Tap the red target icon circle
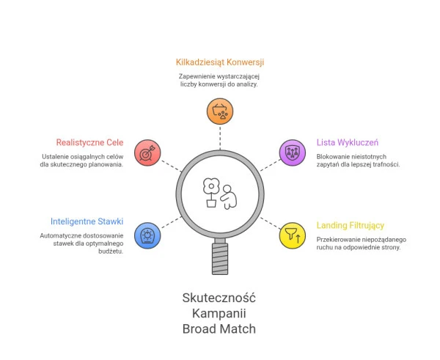tap(147, 153)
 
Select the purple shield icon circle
tap(293, 153)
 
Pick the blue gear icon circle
tap(147, 235)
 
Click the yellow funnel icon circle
tap(293, 235)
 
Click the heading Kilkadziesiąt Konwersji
tap(220, 62)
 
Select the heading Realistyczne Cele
tap(89, 142)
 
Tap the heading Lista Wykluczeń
tap(347, 142)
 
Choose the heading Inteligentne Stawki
tap(87, 221)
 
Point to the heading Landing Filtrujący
tap(351, 225)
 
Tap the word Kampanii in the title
tap(219, 313)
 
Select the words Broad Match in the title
tap(219, 329)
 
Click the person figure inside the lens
tap(230, 196)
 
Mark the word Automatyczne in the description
tap(62, 235)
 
